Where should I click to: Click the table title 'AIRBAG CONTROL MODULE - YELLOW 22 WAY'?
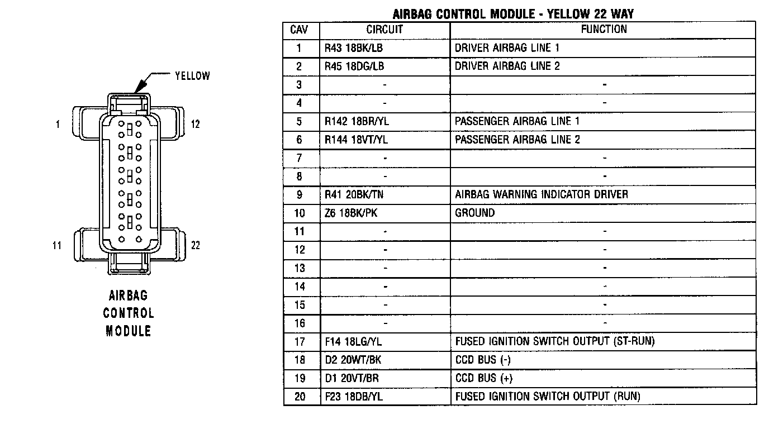(513, 13)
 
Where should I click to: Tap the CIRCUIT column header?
(385, 30)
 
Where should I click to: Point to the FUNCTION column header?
(604, 30)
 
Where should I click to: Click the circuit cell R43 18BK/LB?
(354, 48)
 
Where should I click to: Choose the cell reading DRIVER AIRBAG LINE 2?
(507, 66)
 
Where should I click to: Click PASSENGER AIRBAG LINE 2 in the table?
(517, 140)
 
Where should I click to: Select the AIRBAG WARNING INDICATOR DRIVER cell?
(541, 195)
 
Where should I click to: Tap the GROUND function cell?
(474, 213)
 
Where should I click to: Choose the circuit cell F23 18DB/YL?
(354, 397)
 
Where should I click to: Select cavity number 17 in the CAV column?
(300, 342)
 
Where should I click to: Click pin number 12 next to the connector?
(195, 125)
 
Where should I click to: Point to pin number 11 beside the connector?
(56, 245)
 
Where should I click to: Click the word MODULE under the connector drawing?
(129, 331)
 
